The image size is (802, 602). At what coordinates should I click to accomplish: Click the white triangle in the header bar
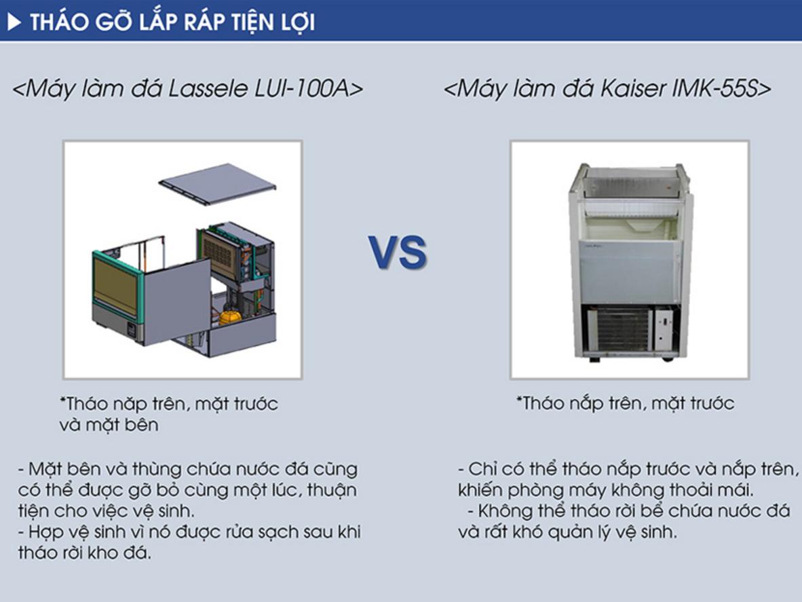tap(14, 22)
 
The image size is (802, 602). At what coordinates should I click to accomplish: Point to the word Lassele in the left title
tap(208, 88)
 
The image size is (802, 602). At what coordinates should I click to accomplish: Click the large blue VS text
tap(398, 252)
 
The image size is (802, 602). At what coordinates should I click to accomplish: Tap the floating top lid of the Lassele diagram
tap(217, 184)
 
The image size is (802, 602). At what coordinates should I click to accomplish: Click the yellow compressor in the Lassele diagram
tap(230, 317)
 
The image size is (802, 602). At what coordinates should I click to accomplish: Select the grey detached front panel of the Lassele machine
tap(177, 301)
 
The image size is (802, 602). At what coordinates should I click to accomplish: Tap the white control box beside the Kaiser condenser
tap(664, 328)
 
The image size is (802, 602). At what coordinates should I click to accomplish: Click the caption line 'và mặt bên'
tap(109, 424)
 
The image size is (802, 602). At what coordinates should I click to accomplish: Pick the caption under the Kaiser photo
tap(625, 404)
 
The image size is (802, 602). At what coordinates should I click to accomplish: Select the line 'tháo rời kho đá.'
tap(84, 552)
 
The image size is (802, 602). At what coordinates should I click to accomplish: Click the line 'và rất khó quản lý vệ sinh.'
tap(567, 532)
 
